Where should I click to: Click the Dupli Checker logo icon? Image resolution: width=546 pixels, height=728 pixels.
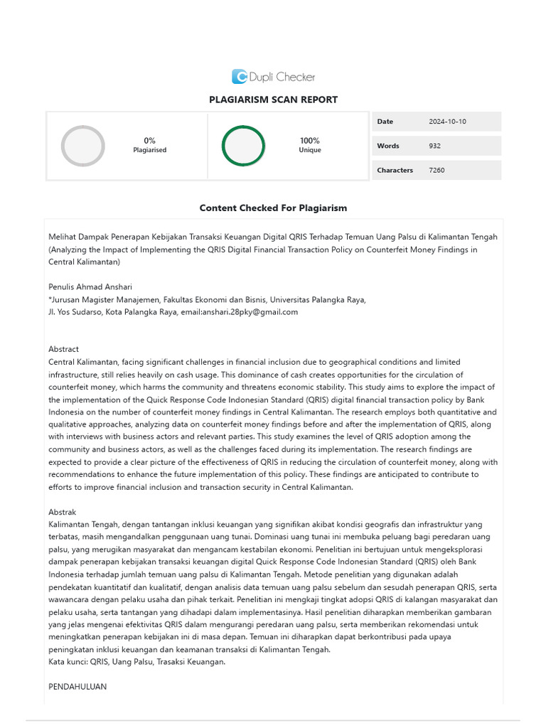point(240,77)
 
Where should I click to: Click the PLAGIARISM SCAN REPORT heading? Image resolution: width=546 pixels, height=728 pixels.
point(273,100)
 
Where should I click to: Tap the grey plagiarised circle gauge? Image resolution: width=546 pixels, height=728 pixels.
point(83,146)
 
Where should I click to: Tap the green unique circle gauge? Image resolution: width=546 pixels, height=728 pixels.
point(243,146)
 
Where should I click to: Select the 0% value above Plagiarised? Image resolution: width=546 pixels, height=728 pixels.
point(149,141)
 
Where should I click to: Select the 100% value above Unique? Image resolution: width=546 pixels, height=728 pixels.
point(310,141)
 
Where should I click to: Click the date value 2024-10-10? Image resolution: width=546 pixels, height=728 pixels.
point(447,122)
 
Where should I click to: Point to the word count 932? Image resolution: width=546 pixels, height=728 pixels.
point(435,146)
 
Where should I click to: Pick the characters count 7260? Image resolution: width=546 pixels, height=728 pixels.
point(437,170)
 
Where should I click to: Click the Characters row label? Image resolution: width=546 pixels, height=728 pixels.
point(395,170)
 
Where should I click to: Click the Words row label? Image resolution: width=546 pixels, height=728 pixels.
point(388,146)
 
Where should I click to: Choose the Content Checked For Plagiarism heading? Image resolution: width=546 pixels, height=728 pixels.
point(273,208)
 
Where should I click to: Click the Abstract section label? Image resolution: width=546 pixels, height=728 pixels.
point(64,350)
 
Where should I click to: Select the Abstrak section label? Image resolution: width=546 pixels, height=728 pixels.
point(63,512)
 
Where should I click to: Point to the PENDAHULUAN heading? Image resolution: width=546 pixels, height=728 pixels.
point(77,687)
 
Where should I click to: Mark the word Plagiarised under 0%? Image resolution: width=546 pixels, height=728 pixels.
point(149,151)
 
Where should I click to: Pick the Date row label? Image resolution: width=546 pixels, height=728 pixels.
point(385,122)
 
